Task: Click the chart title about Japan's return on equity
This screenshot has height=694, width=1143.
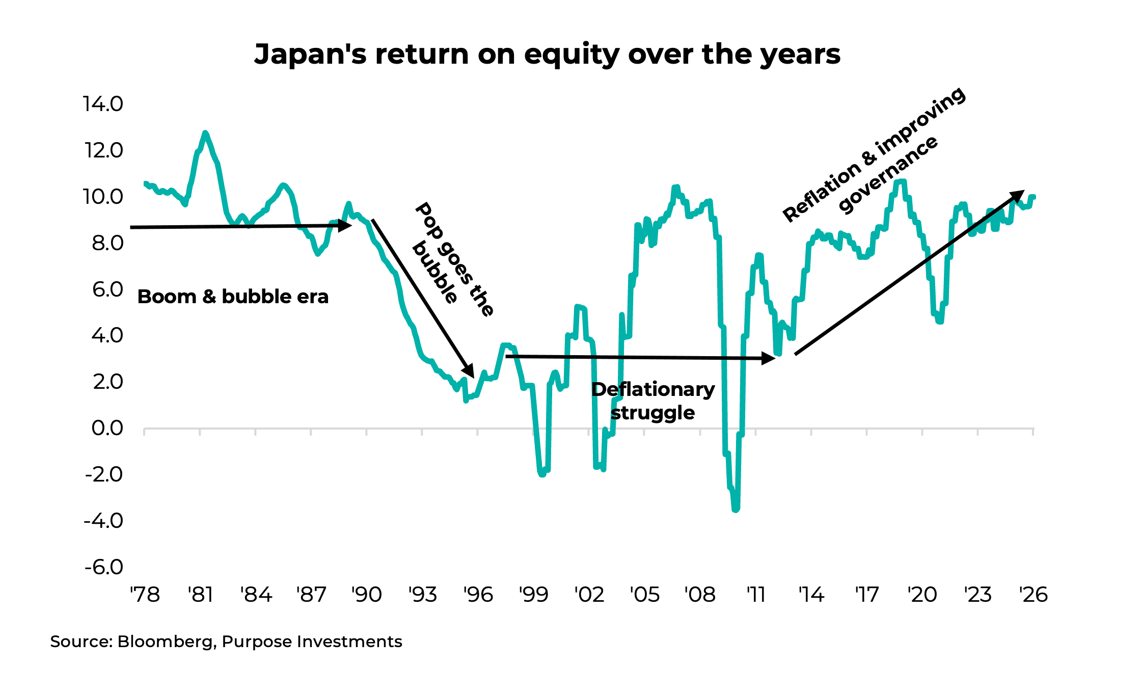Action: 547,54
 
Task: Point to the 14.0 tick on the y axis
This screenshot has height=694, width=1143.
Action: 103,104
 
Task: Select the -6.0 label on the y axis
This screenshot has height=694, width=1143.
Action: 103,567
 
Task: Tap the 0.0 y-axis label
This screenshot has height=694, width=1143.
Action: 107,428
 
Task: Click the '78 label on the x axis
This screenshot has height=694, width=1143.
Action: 145,595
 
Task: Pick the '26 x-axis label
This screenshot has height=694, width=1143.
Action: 1033,595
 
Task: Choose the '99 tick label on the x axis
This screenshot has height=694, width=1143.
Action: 533,595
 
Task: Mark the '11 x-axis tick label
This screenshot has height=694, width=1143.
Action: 756,595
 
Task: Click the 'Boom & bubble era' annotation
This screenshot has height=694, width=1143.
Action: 233,297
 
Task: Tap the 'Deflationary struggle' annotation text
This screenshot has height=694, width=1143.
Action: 653,401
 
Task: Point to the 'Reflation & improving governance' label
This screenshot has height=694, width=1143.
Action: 874,155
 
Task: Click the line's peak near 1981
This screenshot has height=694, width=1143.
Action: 205,133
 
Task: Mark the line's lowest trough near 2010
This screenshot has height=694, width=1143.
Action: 736,509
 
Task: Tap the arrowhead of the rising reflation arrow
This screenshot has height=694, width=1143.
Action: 1017,196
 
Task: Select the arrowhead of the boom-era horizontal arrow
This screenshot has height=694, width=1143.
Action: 346,225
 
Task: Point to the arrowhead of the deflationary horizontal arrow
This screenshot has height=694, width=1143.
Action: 768,358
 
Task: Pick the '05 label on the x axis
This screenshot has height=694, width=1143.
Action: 644,595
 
